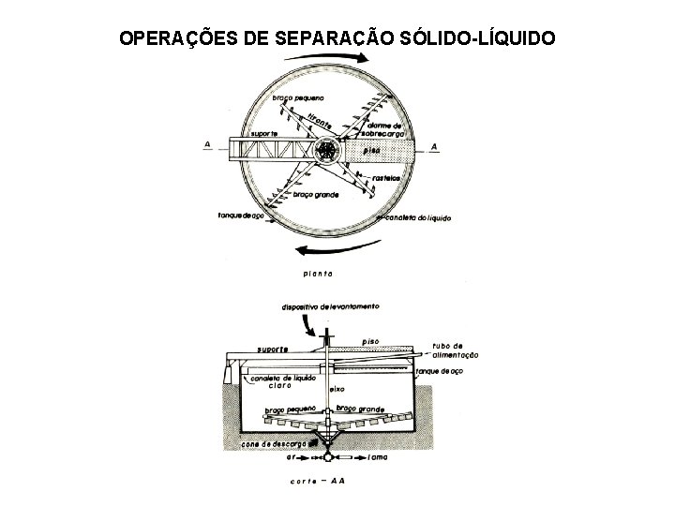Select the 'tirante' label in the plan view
pyautogui.click(x=320, y=123)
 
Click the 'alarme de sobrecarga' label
pyautogui.click(x=384, y=130)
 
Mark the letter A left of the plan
pyautogui.click(x=206, y=144)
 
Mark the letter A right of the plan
pyautogui.click(x=435, y=145)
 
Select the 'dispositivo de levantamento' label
pyautogui.click(x=329, y=306)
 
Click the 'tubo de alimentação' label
pyautogui.click(x=456, y=350)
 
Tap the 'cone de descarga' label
pyautogui.click(x=274, y=443)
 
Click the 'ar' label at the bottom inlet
pyautogui.click(x=292, y=459)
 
